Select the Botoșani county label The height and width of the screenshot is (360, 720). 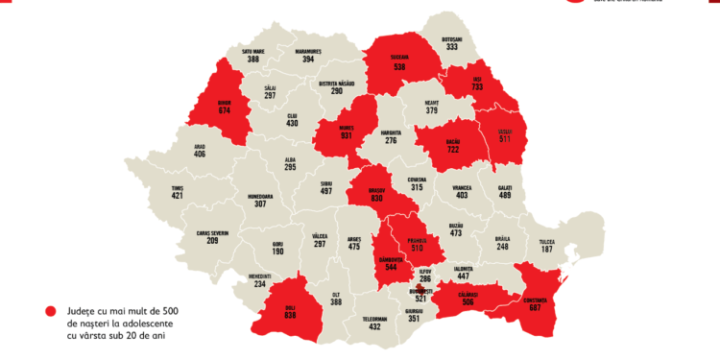451,39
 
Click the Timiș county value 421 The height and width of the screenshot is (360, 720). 177,196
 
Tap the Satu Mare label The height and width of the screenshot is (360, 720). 252,49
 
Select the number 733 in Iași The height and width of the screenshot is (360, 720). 475,86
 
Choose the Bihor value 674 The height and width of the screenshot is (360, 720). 225,110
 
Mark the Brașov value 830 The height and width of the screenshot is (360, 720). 376,199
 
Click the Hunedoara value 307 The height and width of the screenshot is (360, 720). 260,203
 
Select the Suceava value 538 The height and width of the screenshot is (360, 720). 399,68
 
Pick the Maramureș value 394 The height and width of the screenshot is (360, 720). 308,59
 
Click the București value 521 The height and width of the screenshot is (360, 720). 420,300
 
